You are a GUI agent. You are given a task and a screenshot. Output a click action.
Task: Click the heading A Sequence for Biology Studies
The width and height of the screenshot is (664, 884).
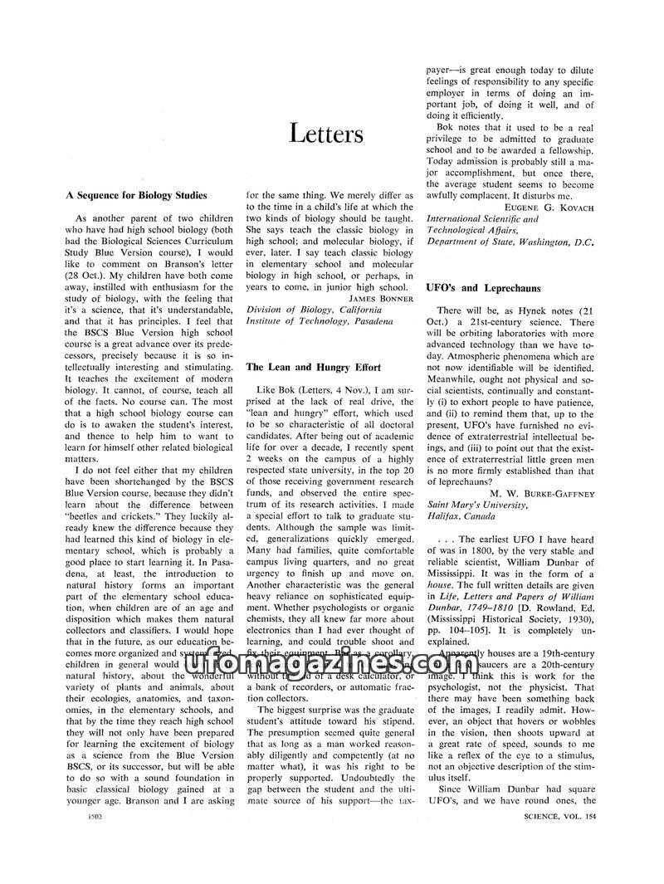tap(135, 196)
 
